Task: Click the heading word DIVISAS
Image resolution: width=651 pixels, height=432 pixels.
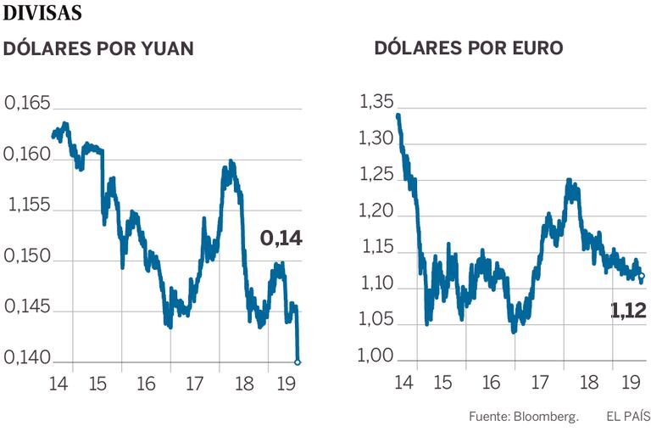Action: pyautogui.click(x=43, y=14)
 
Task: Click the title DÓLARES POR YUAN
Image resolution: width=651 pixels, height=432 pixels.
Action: pyautogui.click(x=99, y=49)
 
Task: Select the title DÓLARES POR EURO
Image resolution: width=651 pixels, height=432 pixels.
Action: pyautogui.click(x=468, y=49)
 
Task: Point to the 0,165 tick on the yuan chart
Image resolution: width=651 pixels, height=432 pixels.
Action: pyautogui.click(x=28, y=104)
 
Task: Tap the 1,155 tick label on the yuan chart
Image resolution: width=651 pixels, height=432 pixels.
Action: pyautogui.click(x=28, y=207)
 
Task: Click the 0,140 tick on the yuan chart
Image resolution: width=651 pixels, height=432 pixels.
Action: pyautogui.click(x=28, y=360)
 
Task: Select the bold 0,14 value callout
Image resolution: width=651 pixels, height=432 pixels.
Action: pyautogui.click(x=281, y=238)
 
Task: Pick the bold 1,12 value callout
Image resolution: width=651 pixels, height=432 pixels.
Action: pyautogui.click(x=628, y=311)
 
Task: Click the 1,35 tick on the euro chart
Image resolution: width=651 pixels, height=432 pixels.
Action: pyautogui.click(x=376, y=103)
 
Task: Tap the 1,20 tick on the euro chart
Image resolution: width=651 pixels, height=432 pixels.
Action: pyautogui.click(x=376, y=213)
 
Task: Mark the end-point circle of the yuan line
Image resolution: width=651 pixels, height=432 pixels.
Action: pyautogui.click(x=298, y=362)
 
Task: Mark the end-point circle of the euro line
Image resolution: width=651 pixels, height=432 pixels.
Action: pyautogui.click(x=641, y=275)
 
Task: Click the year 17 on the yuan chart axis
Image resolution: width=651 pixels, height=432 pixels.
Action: pyautogui.click(x=196, y=384)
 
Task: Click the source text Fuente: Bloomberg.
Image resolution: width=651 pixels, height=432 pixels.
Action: pyautogui.click(x=523, y=417)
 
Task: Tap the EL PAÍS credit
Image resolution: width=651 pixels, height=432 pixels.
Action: pyautogui.click(x=628, y=417)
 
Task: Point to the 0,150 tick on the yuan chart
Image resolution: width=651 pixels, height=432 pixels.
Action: pyautogui.click(x=28, y=259)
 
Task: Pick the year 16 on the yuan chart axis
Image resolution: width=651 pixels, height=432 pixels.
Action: pyautogui.click(x=147, y=384)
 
